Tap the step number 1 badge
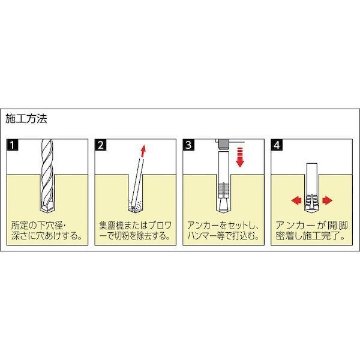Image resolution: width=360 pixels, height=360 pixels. click(x=12, y=145)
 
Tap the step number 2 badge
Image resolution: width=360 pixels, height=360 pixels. click(x=100, y=145)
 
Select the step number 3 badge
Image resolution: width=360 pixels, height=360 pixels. click(x=188, y=145)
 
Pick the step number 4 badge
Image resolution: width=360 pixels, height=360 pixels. click(x=277, y=145)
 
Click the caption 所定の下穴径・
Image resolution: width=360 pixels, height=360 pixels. click(x=43, y=226)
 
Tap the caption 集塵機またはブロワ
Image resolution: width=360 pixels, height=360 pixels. click(x=135, y=226)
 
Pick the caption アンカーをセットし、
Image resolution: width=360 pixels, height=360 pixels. click(x=223, y=226)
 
